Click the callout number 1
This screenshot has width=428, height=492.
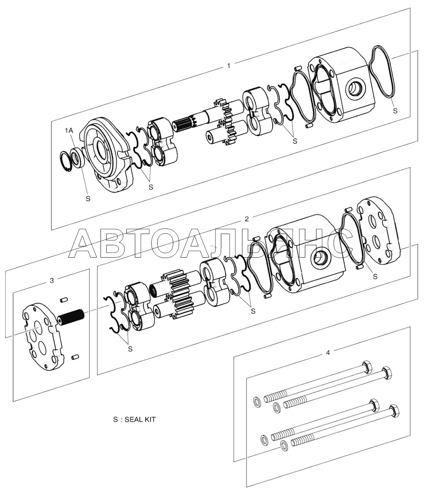pos(228,66)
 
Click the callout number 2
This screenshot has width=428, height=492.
pos(247,219)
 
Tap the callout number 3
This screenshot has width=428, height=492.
pos(51,280)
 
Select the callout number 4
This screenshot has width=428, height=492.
pos(327,353)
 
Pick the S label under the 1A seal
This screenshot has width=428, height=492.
pos(88,199)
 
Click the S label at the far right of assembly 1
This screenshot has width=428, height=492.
pos(395,111)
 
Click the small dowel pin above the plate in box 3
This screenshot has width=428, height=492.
pos(64,300)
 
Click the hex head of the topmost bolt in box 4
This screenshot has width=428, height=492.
pos(367,367)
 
